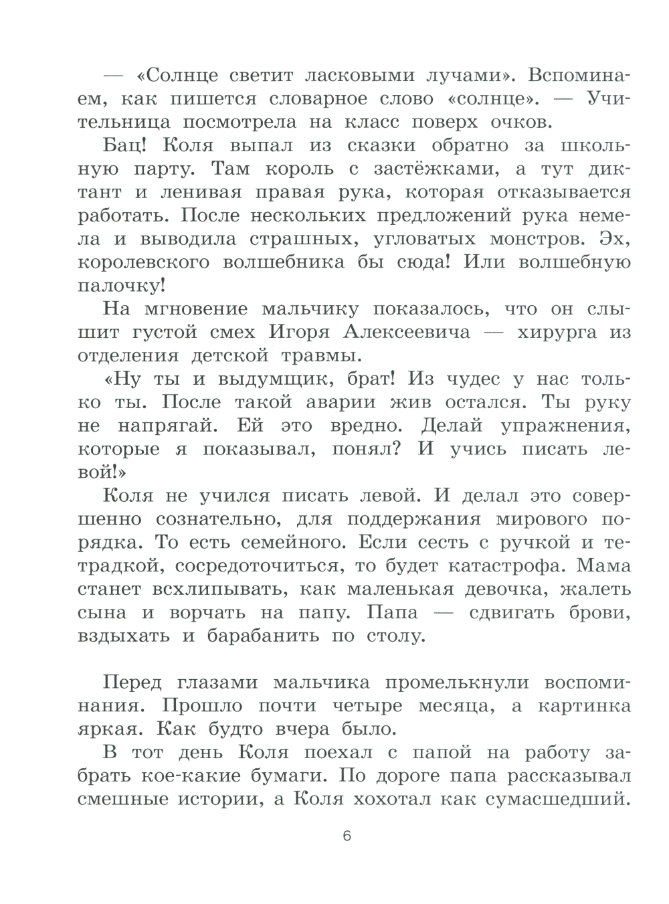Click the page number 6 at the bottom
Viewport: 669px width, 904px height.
(346, 836)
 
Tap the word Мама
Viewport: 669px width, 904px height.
(603, 565)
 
